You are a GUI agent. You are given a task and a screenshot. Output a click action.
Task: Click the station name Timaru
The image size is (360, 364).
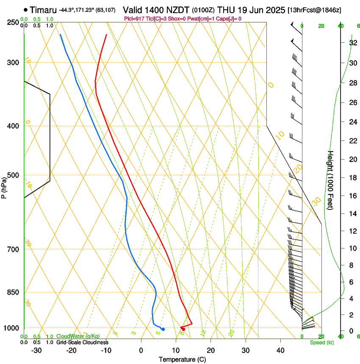[43, 9]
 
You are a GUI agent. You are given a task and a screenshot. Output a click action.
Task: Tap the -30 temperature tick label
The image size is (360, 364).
[37, 350]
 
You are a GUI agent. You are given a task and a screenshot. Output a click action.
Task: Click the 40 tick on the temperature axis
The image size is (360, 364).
[280, 350]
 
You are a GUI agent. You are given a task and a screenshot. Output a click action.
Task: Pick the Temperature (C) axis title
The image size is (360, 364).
[182, 360]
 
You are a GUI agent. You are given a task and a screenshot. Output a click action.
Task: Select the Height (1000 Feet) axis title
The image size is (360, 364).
[331, 180]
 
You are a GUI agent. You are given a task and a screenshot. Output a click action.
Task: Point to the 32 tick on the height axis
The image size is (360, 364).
[353, 43]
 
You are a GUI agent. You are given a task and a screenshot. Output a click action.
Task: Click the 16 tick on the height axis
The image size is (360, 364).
[353, 196]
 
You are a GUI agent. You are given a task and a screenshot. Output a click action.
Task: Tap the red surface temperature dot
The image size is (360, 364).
[183, 329]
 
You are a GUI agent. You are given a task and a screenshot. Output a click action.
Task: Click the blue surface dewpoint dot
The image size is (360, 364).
[163, 329]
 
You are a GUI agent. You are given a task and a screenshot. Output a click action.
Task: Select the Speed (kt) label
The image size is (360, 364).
[321, 342]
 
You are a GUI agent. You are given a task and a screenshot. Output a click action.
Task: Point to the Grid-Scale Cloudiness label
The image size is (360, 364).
[82, 342]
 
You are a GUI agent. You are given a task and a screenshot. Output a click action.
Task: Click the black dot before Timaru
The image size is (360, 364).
[26, 9]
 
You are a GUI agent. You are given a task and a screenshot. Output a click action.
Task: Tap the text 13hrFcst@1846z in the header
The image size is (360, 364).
[315, 9]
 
